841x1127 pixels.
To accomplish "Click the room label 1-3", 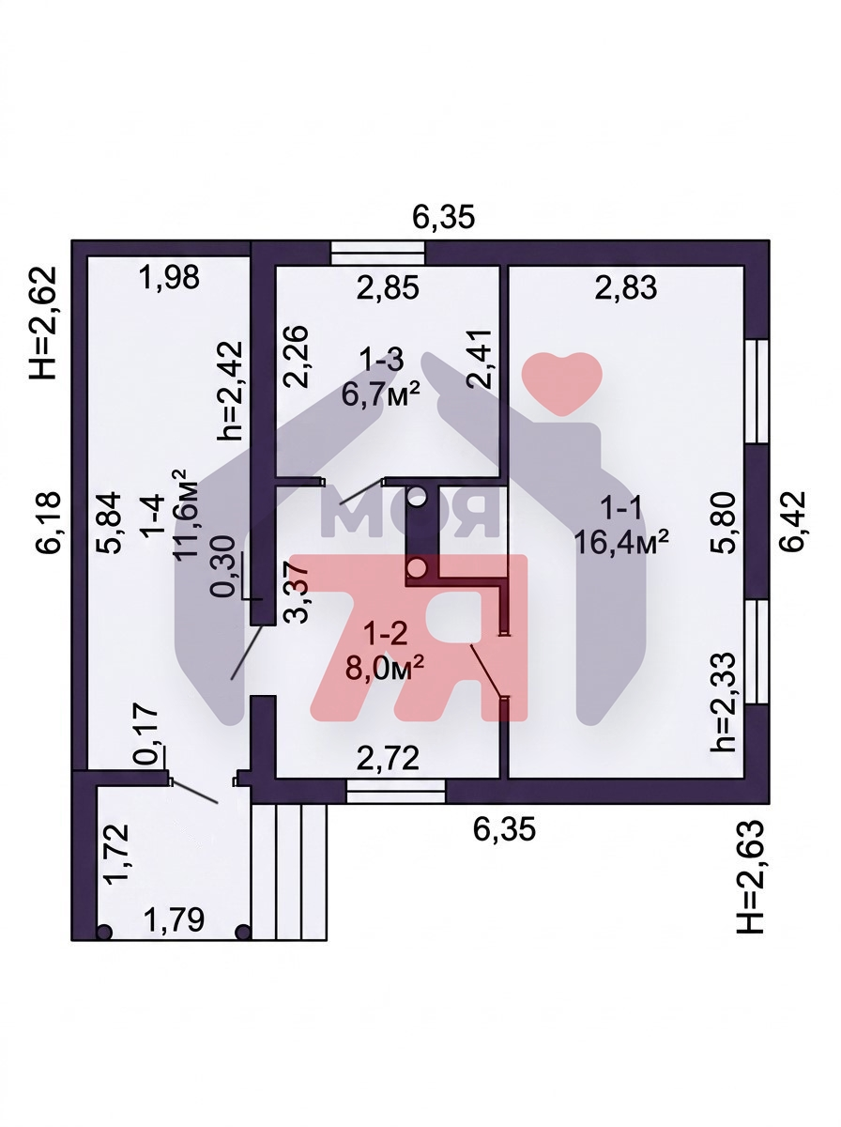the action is [381, 360].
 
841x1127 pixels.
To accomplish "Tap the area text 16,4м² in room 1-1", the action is [621, 542].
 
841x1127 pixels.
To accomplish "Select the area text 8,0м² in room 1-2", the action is [385, 669].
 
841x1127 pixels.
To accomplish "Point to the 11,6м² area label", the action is [186, 515].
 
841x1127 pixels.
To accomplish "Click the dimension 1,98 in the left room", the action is [169, 278].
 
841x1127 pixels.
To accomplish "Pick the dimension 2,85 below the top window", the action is [388, 287].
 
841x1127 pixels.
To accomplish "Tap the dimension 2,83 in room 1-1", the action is [625, 287].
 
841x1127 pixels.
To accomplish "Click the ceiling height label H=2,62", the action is [42, 323].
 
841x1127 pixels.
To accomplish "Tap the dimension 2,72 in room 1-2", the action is [388, 758].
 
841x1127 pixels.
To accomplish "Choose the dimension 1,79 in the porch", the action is [174, 919].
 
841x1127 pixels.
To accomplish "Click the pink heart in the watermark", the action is [561, 382].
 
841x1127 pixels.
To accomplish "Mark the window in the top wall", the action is [378, 254].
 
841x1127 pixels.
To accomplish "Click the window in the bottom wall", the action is [395, 791].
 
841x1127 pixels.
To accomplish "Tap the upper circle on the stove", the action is [417, 497].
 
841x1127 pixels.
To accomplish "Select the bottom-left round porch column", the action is [104, 932].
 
